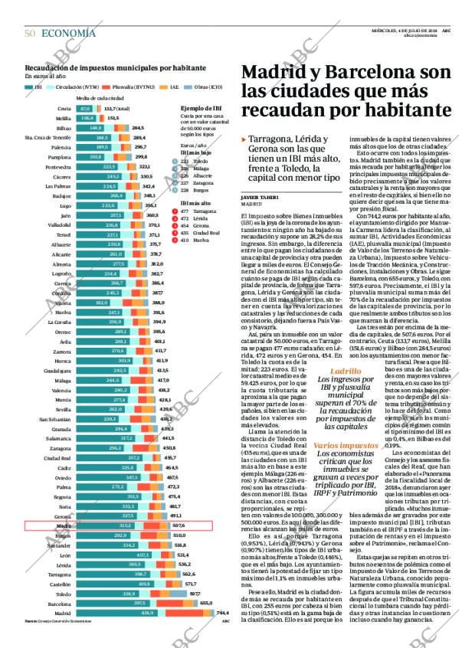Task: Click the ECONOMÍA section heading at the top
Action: tap(68, 33)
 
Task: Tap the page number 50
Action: tap(31, 33)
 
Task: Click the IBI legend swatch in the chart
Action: tap(29, 88)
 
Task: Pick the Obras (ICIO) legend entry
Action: tap(209, 88)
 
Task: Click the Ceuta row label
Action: tap(64, 109)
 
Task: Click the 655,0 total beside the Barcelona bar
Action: tap(206, 604)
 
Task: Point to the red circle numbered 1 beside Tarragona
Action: tap(184, 210)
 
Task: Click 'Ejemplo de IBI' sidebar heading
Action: tap(201, 109)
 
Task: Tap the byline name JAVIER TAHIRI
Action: tap(256, 198)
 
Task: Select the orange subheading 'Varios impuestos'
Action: tap(345, 445)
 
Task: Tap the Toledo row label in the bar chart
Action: tap(63, 594)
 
